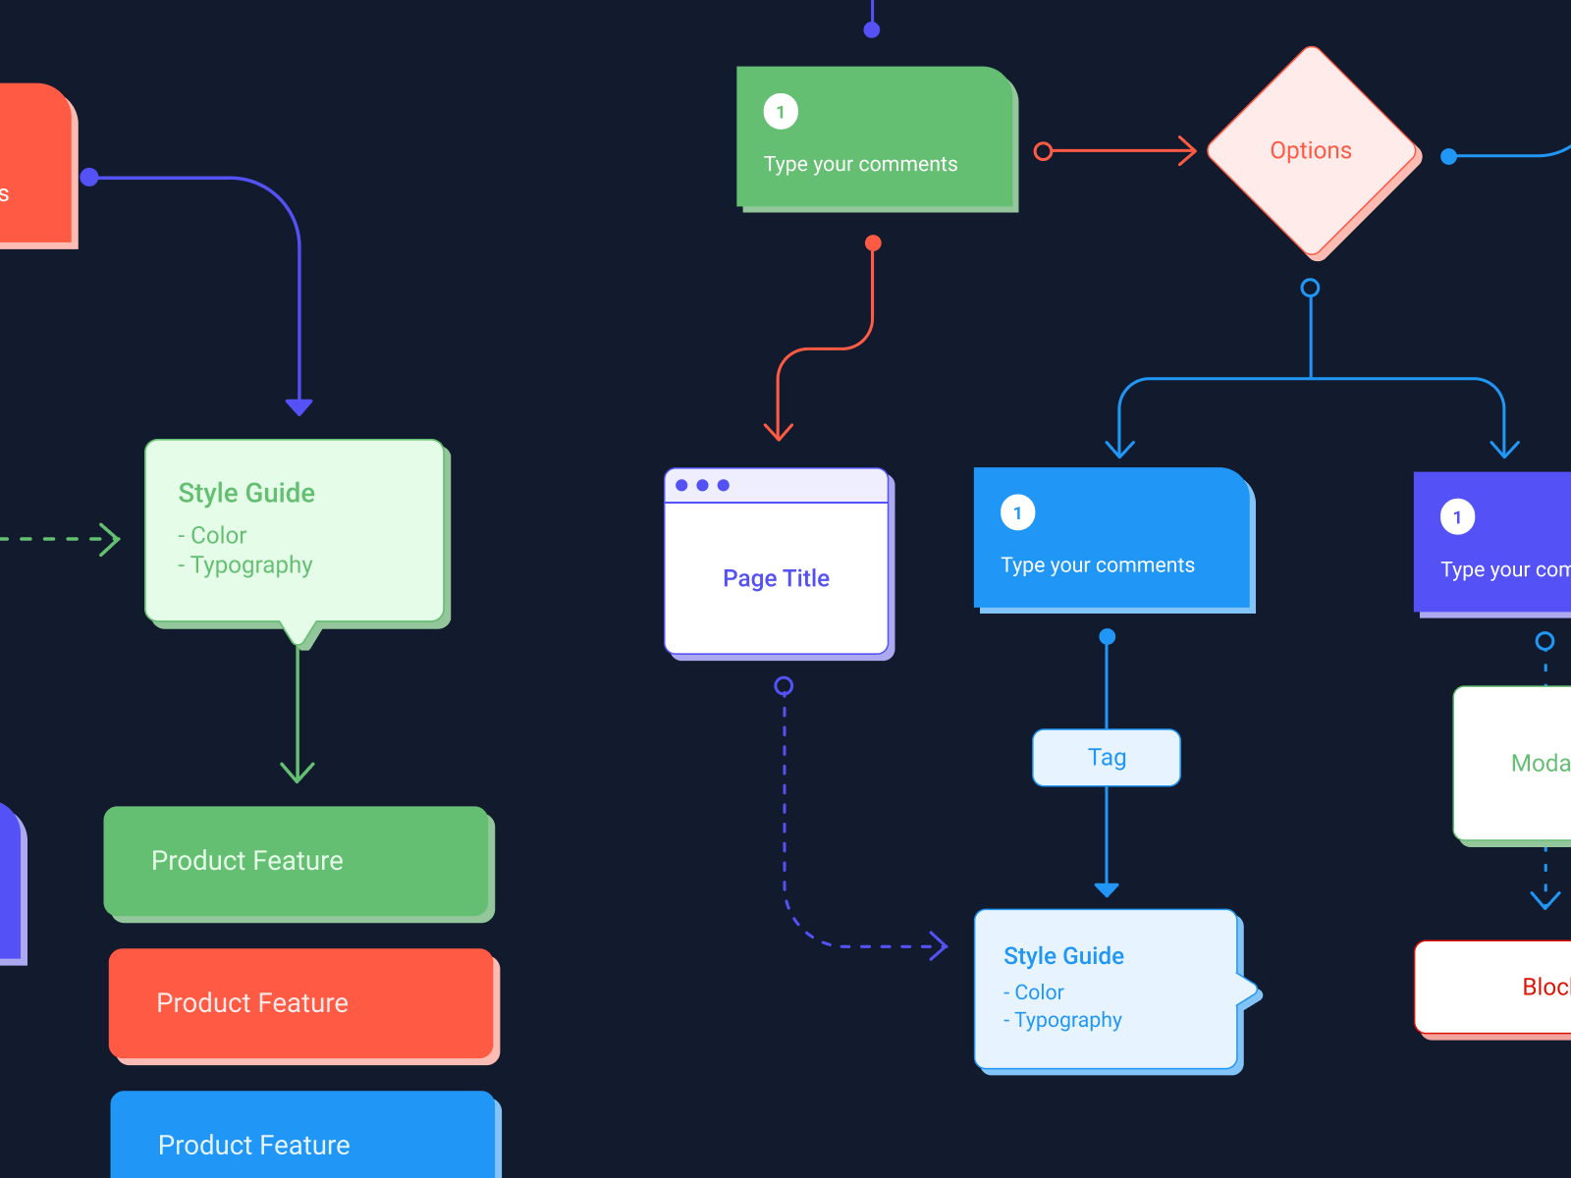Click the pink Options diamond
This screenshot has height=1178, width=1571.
click(x=1311, y=151)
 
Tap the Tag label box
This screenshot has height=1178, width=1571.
click(x=1107, y=757)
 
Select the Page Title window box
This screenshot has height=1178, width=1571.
click(x=777, y=577)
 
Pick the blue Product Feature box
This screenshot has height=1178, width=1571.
click(x=302, y=1139)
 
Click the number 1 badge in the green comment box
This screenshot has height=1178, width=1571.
click(x=781, y=112)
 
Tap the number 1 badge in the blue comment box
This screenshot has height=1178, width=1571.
click(x=1017, y=512)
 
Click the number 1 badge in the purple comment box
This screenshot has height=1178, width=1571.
click(x=1457, y=517)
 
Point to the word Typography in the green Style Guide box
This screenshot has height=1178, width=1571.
click(x=251, y=565)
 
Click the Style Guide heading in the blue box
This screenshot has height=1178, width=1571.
click(x=1063, y=956)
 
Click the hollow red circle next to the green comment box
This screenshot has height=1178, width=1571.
click(x=1043, y=151)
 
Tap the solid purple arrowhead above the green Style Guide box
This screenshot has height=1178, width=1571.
click(x=298, y=406)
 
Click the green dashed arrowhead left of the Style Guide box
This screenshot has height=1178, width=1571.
click(x=111, y=539)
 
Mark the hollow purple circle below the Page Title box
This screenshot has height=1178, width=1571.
click(x=784, y=685)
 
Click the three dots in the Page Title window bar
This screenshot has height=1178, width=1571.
click(x=702, y=485)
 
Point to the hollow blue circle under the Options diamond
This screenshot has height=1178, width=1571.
click(x=1310, y=288)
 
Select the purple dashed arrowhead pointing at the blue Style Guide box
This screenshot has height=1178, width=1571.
click(x=940, y=946)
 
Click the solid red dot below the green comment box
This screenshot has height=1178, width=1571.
click(x=873, y=242)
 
